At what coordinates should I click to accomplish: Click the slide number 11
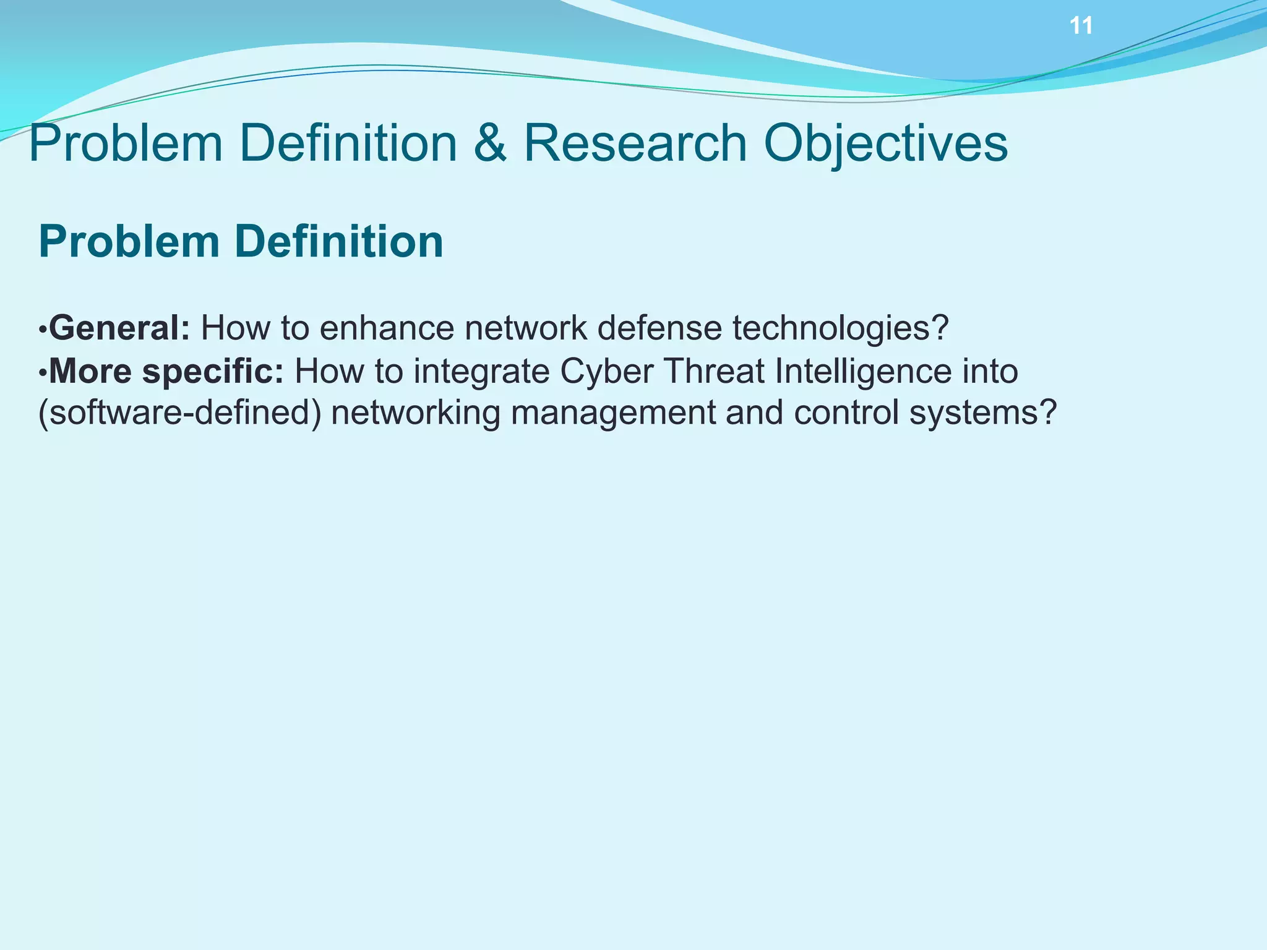click(1081, 26)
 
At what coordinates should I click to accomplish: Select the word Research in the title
click(635, 143)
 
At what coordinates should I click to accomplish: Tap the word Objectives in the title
click(886, 143)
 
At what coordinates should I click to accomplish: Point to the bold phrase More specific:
click(166, 371)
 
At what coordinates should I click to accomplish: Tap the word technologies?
click(840, 328)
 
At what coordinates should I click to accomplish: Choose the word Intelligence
click(862, 371)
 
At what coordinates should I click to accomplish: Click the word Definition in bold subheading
click(338, 241)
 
